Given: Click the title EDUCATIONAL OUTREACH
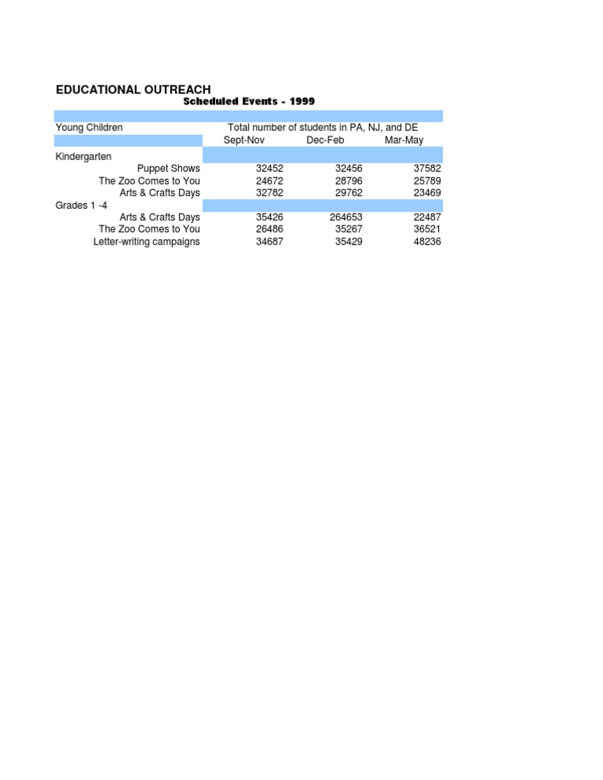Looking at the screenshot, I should (133, 90).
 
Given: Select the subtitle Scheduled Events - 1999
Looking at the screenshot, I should (249, 101).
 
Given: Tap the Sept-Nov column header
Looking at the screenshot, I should (244, 140).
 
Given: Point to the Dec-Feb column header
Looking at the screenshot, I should (325, 140).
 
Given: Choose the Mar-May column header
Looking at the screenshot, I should (404, 140).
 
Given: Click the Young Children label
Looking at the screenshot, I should (89, 127).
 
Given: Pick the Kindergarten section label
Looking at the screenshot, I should (83, 156).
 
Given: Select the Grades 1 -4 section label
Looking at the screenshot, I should (81, 205).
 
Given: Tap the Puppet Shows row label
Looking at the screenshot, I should (169, 169).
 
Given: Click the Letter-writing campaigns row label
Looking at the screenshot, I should (147, 242).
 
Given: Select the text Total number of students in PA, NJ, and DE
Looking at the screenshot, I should (323, 127).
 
